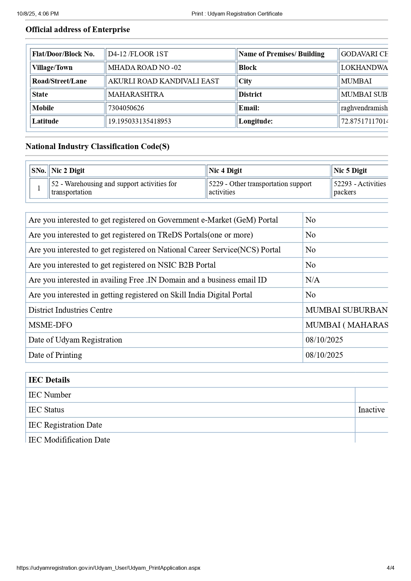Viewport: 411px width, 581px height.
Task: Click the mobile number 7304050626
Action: [126, 108]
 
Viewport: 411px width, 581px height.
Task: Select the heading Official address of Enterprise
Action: [78, 29]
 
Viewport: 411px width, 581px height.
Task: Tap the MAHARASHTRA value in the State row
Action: [136, 94]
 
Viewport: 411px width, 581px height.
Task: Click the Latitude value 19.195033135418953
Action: [140, 121]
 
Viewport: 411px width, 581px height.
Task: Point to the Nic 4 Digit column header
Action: [225, 171]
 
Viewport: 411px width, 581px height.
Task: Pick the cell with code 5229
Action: [260, 188]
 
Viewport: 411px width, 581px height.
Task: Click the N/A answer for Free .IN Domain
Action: [313, 280]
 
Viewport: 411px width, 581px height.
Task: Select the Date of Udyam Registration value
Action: [324, 340]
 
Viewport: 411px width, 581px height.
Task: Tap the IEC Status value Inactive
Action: [371, 410]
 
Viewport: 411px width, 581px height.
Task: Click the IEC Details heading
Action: [49, 380]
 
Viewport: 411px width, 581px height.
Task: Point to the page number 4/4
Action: [390, 568]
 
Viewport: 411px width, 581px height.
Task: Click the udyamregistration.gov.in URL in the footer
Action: [108, 568]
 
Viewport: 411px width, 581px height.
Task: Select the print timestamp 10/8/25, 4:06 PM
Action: [38, 14]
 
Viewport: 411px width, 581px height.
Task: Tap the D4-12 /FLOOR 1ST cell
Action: [138, 54]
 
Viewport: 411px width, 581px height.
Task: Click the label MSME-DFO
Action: [50, 325]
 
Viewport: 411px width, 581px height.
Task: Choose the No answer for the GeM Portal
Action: [311, 220]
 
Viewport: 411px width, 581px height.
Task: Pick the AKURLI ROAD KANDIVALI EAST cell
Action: [163, 81]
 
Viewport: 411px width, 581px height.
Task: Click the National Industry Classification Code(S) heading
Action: [97, 146]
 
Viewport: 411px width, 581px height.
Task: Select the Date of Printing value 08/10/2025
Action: [324, 355]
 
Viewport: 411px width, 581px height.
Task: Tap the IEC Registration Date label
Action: [65, 425]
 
